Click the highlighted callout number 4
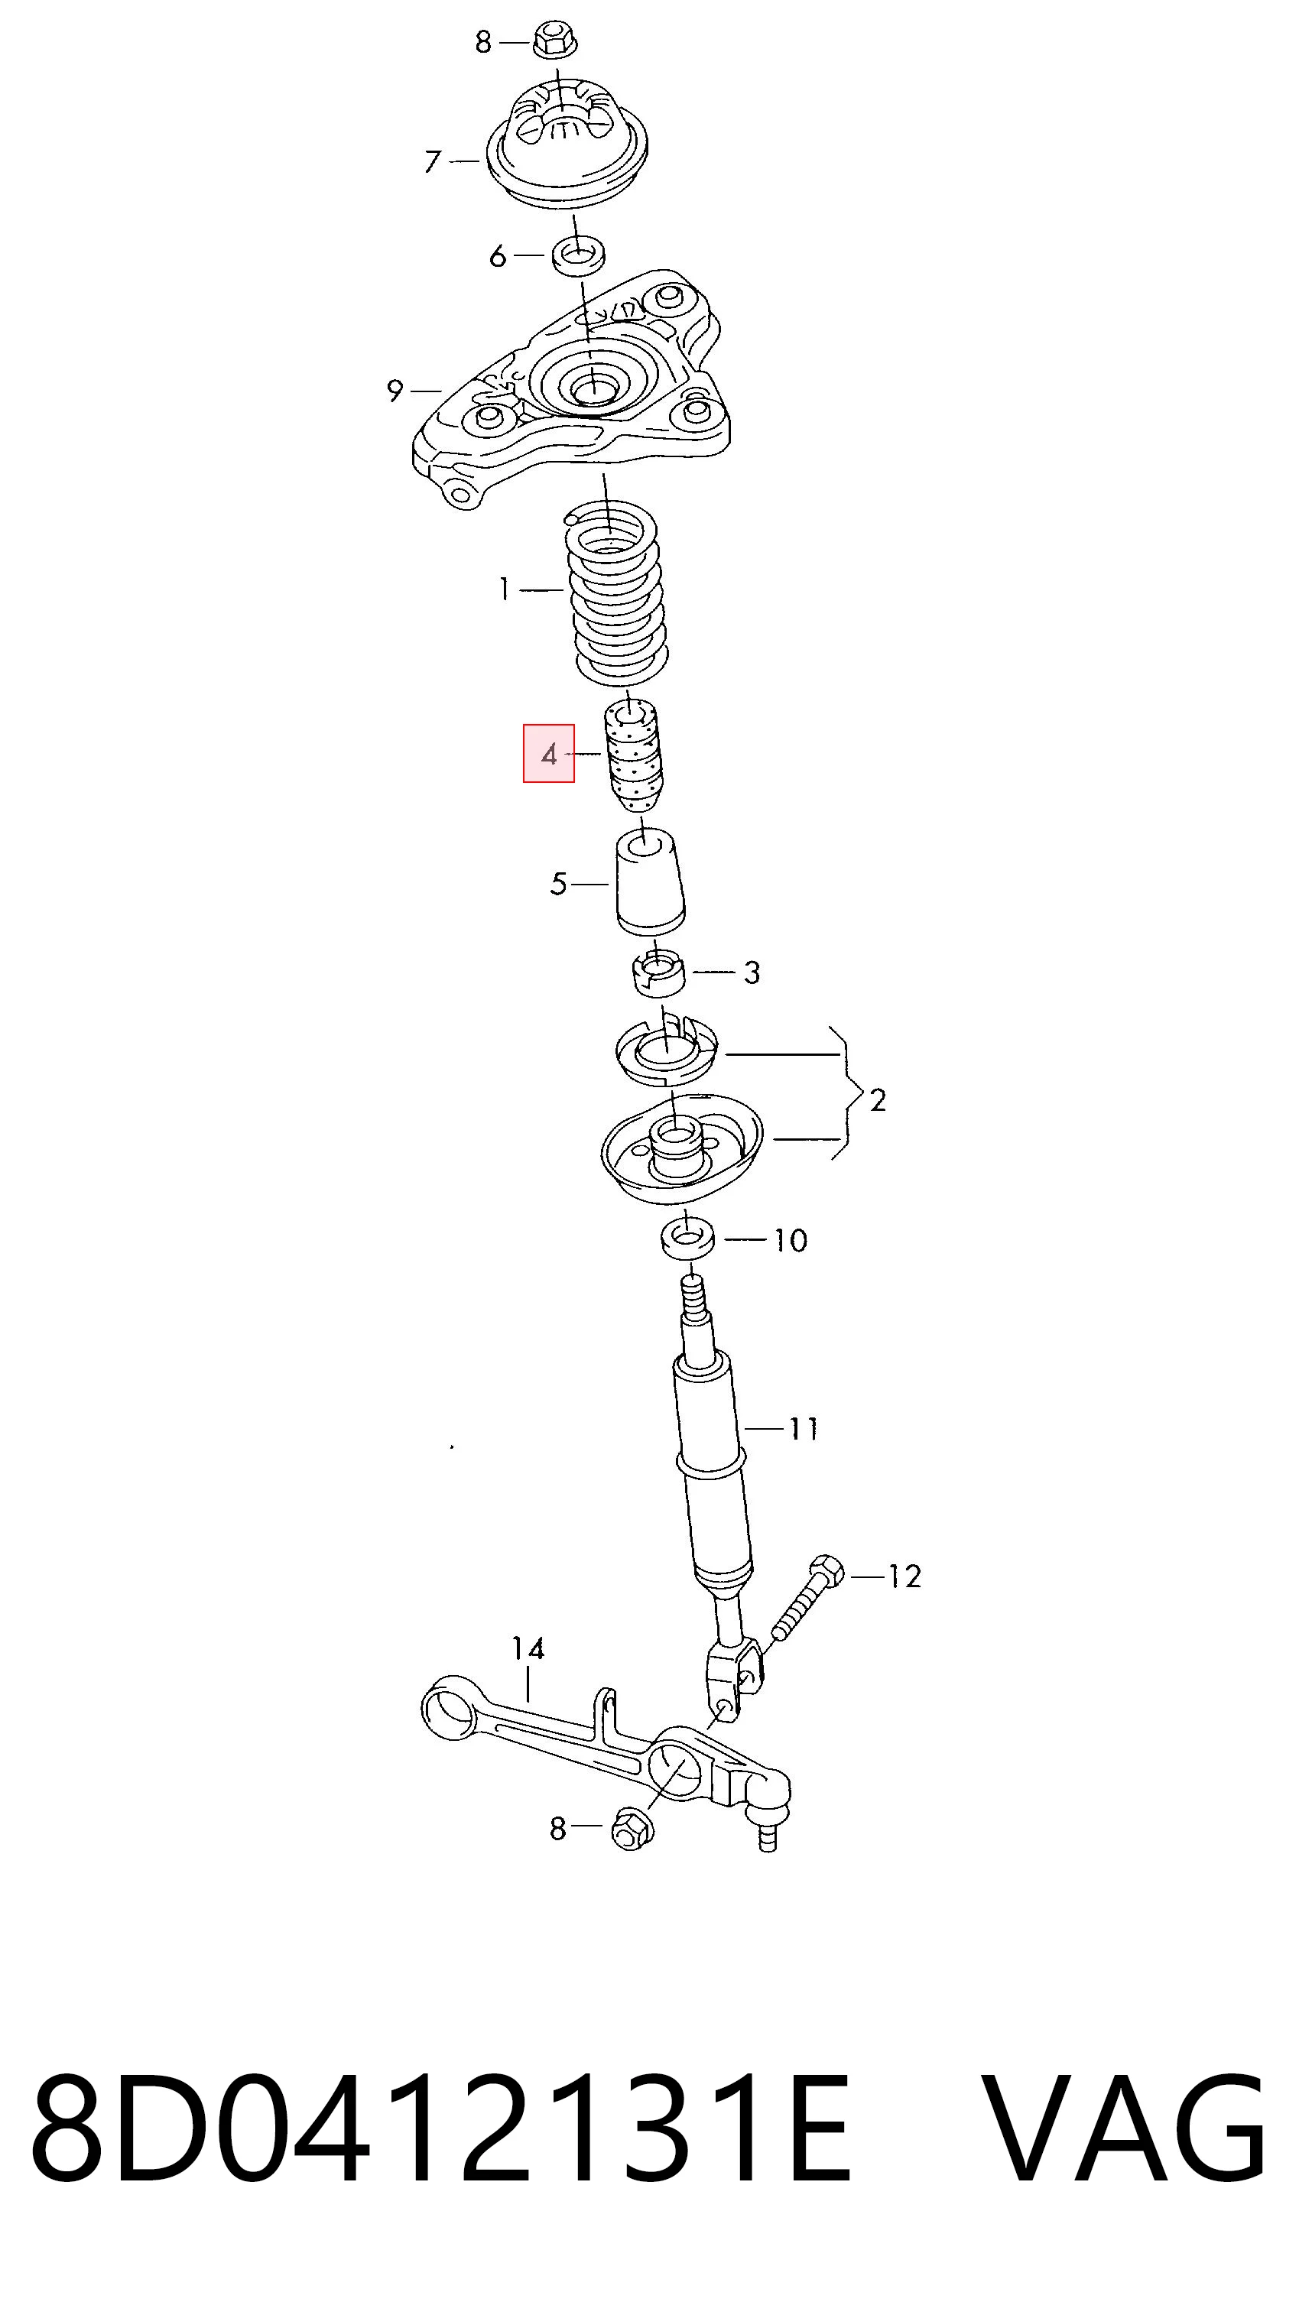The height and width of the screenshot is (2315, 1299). pyautogui.click(x=549, y=754)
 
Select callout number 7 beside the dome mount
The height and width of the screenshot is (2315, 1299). pyautogui.click(x=434, y=162)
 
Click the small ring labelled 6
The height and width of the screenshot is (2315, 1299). pyautogui.click(x=578, y=255)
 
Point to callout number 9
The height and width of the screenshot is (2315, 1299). pyautogui.click(x=395, y=391)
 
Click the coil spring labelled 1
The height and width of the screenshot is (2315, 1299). pyautogui.click(x=617, y=595)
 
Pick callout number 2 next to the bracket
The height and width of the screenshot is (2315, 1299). pyautogui.click(x=878, y=1100)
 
